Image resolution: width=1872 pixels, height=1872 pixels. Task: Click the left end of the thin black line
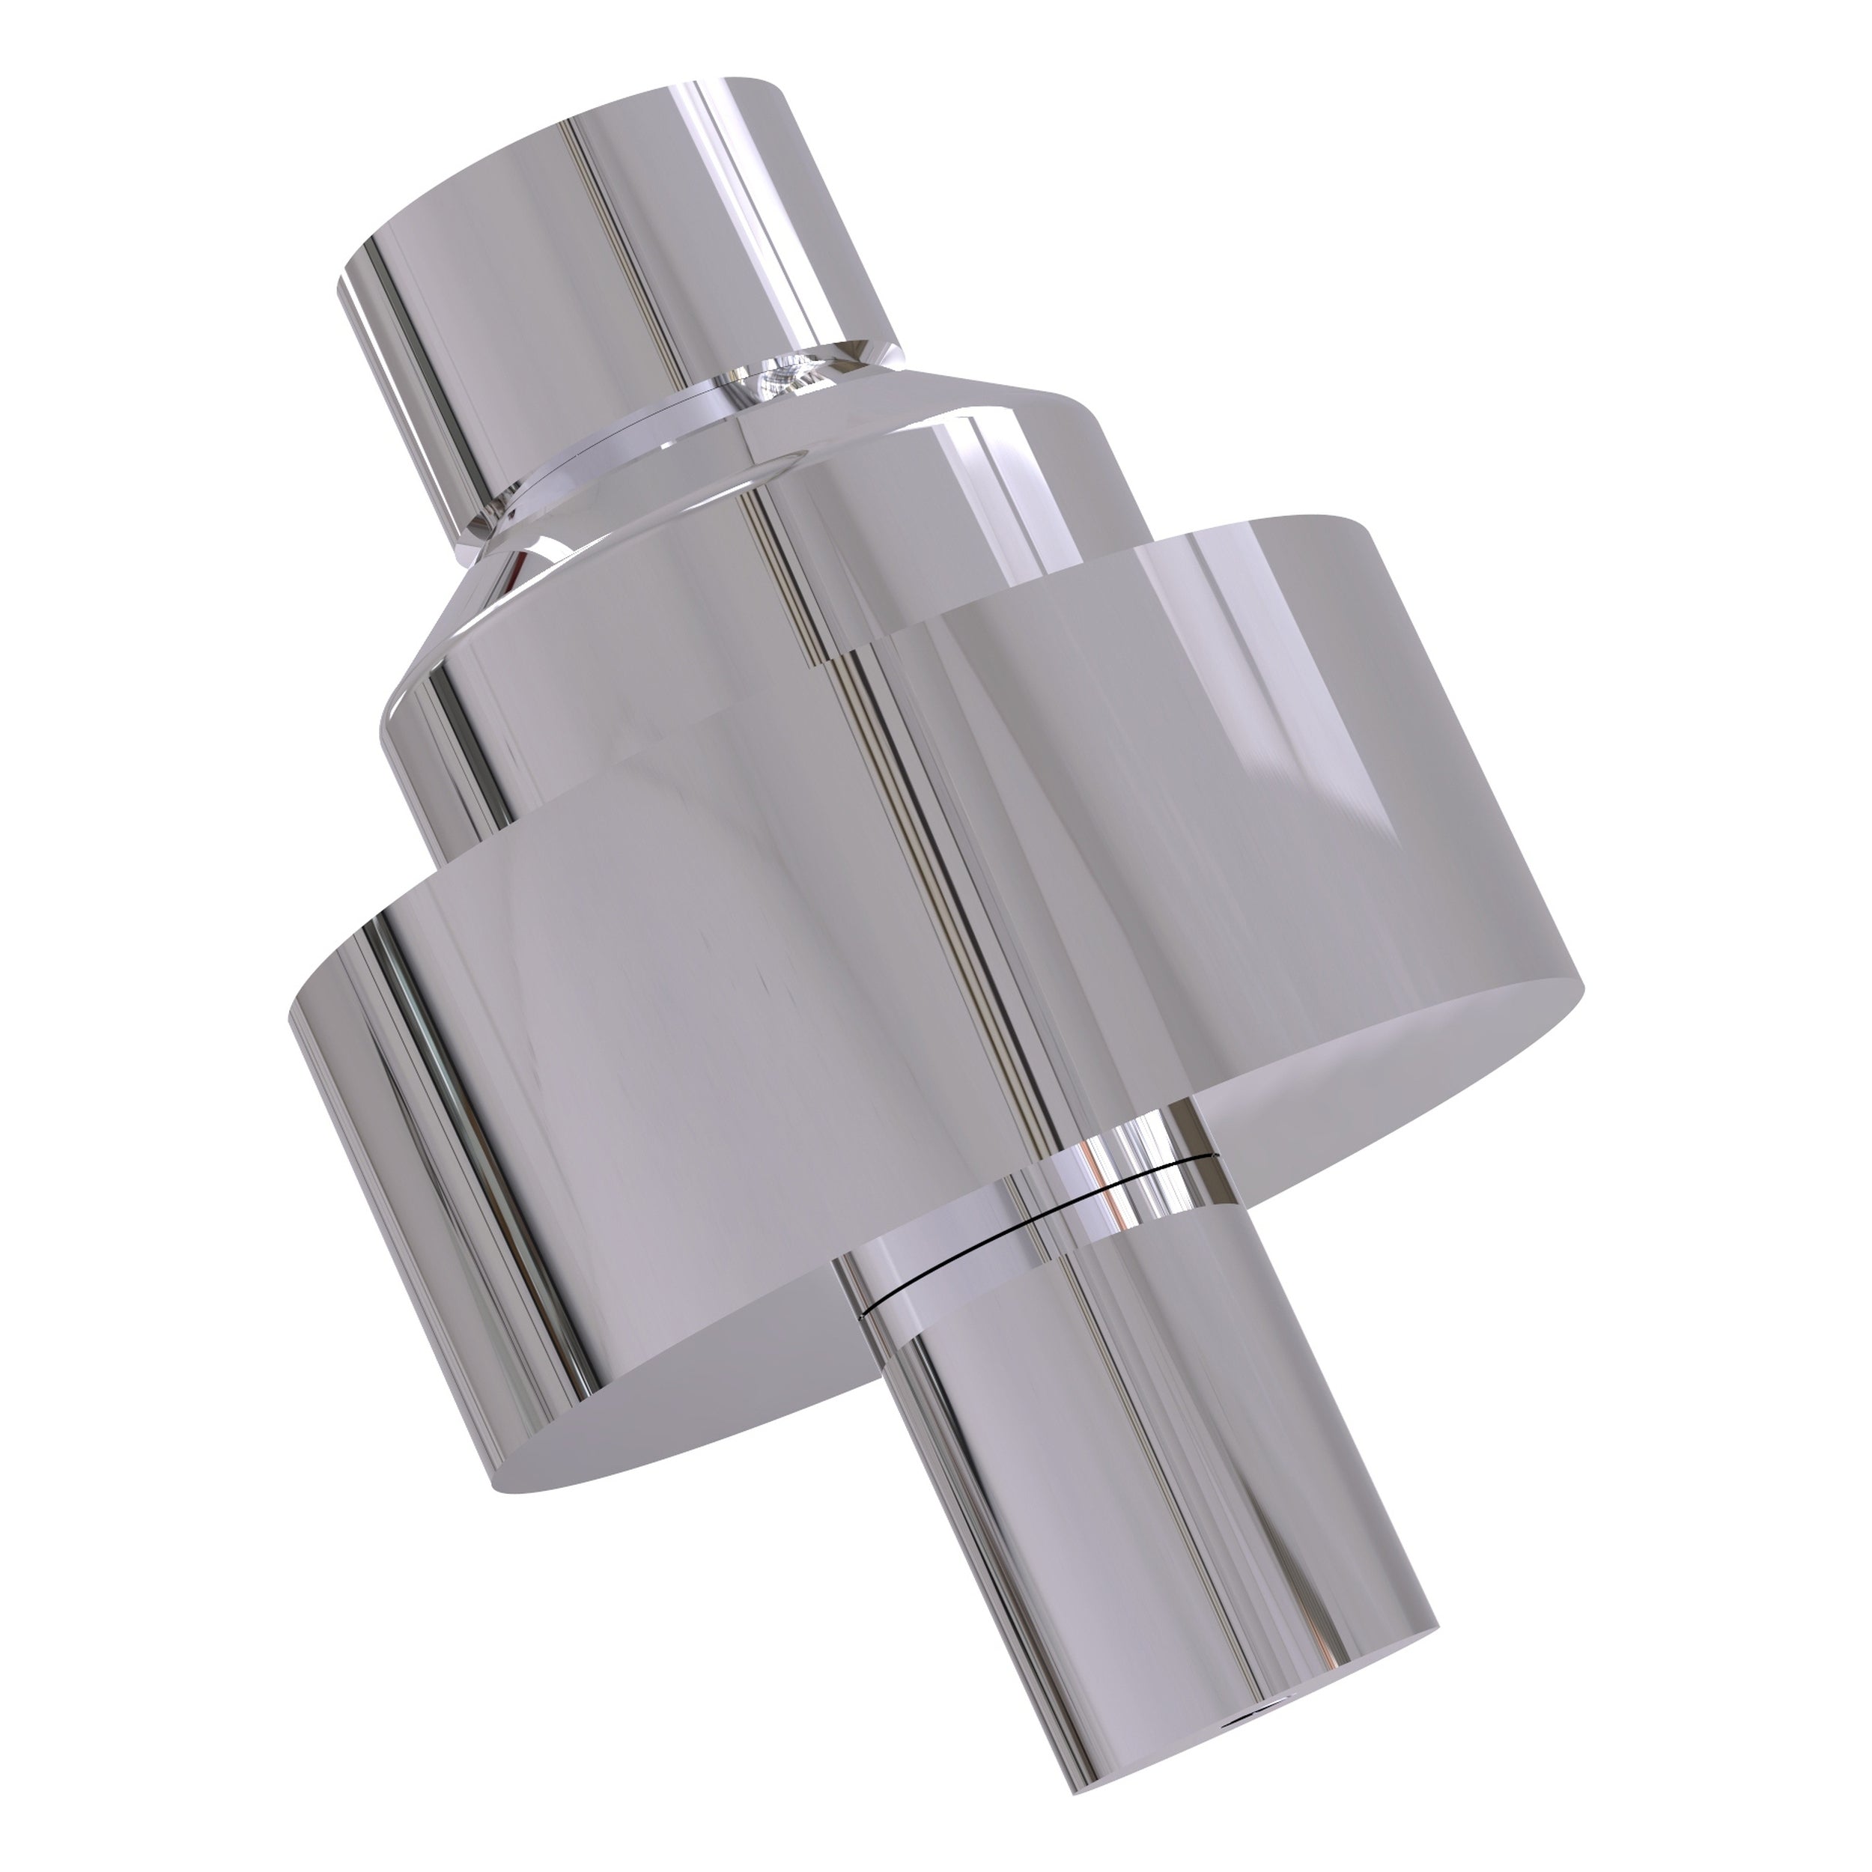coord(863,1317)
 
